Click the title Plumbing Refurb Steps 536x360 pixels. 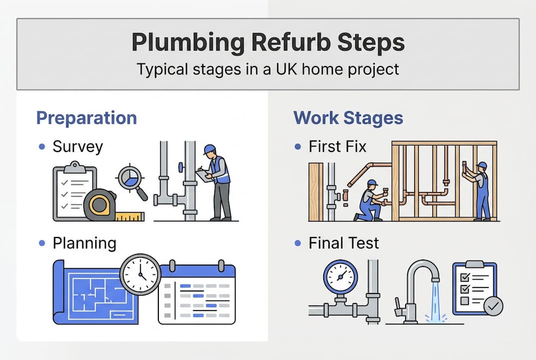[x=268, y=43]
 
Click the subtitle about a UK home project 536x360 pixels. [x=268, y=68]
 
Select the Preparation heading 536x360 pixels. [x=86, y=118]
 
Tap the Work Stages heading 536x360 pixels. [x=348, y=118]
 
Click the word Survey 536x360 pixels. [x=77, y=146]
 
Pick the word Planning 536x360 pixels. [x=84, y=243]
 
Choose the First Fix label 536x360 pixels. [x=337, y=146]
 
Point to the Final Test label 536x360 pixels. [x=344, y=243]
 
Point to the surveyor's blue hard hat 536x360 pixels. [x=210, y=149]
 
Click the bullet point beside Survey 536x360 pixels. [x=42, y=147]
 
